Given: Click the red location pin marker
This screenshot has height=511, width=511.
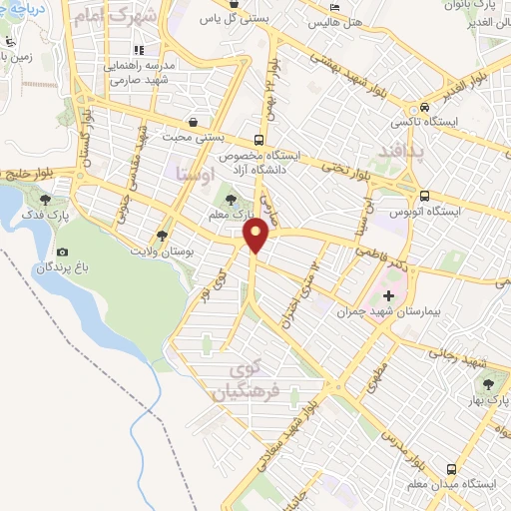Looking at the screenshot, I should (257, 235).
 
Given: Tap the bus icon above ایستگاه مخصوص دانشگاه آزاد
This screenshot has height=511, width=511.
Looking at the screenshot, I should (258, 140).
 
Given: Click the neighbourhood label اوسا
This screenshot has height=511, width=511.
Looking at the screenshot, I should (190, 174).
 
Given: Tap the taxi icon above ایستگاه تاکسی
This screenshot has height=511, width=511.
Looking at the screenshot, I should (425, 108).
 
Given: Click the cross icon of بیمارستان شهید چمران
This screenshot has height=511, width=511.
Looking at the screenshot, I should (388, 296).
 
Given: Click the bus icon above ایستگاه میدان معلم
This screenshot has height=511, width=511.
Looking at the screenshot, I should (452, 468).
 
